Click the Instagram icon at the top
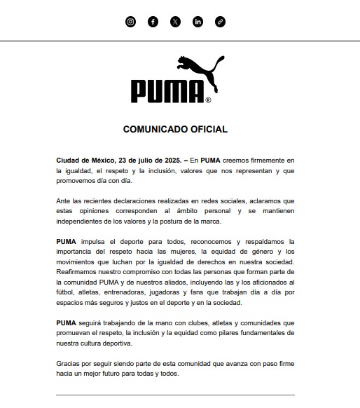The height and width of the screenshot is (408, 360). coord(130,22)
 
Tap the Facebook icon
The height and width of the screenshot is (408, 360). coord(153,22)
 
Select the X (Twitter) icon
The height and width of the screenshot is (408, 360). coord(175,22)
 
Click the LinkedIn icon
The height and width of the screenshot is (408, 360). coord(198,22)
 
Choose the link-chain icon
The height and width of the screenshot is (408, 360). coord(220,22)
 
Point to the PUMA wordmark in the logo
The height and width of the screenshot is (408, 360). coord(167,90)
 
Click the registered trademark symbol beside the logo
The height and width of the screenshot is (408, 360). coord(208,100)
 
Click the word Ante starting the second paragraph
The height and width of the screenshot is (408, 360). coord(64,201)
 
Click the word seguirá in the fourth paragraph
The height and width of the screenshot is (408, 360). coord(92,323)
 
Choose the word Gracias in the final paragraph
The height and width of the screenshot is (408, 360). coord(69,364)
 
